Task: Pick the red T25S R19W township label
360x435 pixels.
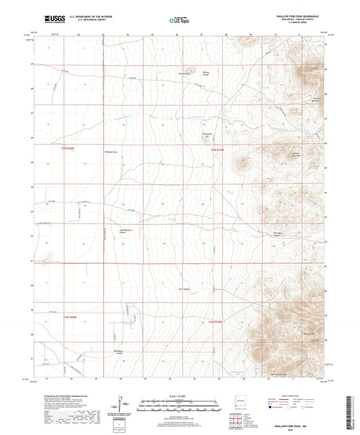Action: (x=215, y=322)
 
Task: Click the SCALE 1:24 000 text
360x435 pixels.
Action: (x=180, y=396)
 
